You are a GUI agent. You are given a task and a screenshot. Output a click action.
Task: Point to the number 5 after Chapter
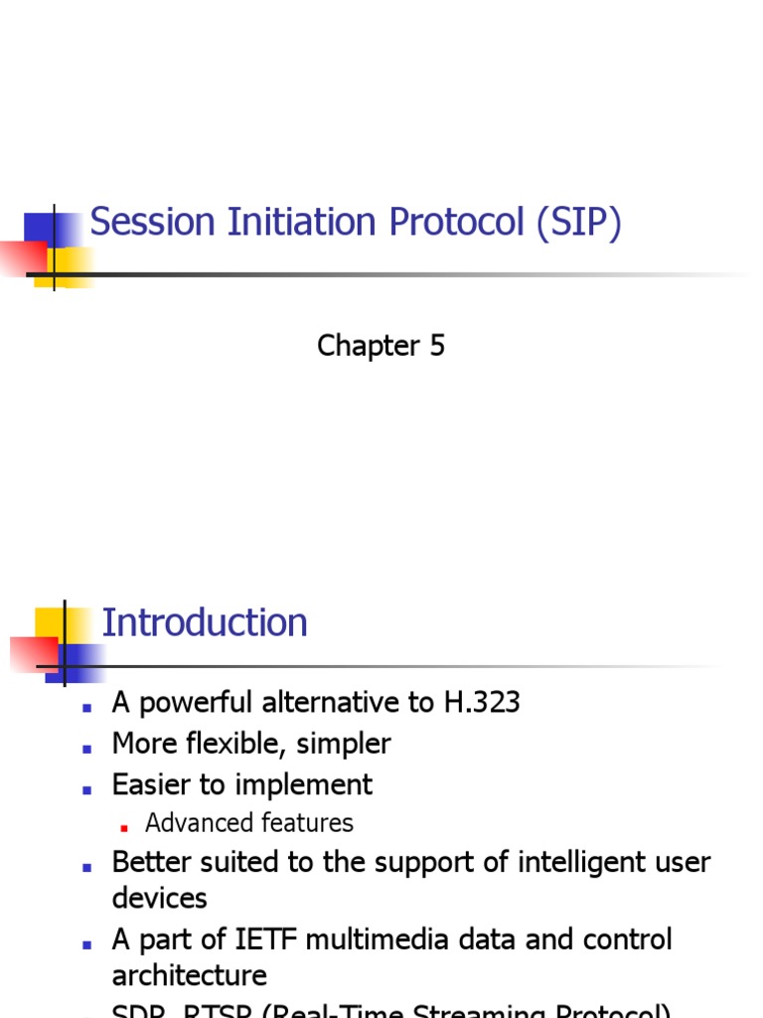coord(437,346)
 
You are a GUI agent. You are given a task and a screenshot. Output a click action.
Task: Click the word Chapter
coord(369,346)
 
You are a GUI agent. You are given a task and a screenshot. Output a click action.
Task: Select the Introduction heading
coord(205,623)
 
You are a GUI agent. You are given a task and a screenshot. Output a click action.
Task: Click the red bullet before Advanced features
coord(124,826)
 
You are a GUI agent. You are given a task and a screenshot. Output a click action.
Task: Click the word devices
coord(159,899)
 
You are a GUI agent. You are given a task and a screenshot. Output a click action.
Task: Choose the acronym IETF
coord(266,939)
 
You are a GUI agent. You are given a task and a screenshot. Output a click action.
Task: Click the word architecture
coord(189,976)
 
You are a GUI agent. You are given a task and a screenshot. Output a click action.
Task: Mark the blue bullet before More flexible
coord(87,747)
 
